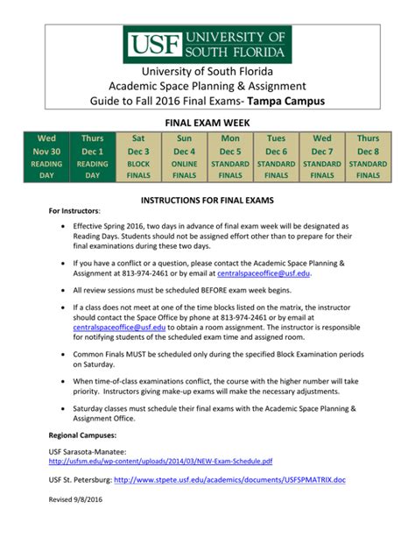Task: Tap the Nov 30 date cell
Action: [x=46, y=151]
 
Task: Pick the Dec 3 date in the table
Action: [x=138, y=151]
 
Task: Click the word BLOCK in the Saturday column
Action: [x=138, y=163]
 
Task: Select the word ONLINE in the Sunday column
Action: [x=185, y=163]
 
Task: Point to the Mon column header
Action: [x=230, y=138]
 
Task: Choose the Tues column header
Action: [x=276, y=138]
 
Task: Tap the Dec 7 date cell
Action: [x=322, y=151]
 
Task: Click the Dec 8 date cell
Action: [x=368, y=151]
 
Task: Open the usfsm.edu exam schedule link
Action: [x=160, y=461]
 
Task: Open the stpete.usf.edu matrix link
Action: [x=230, y=479]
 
